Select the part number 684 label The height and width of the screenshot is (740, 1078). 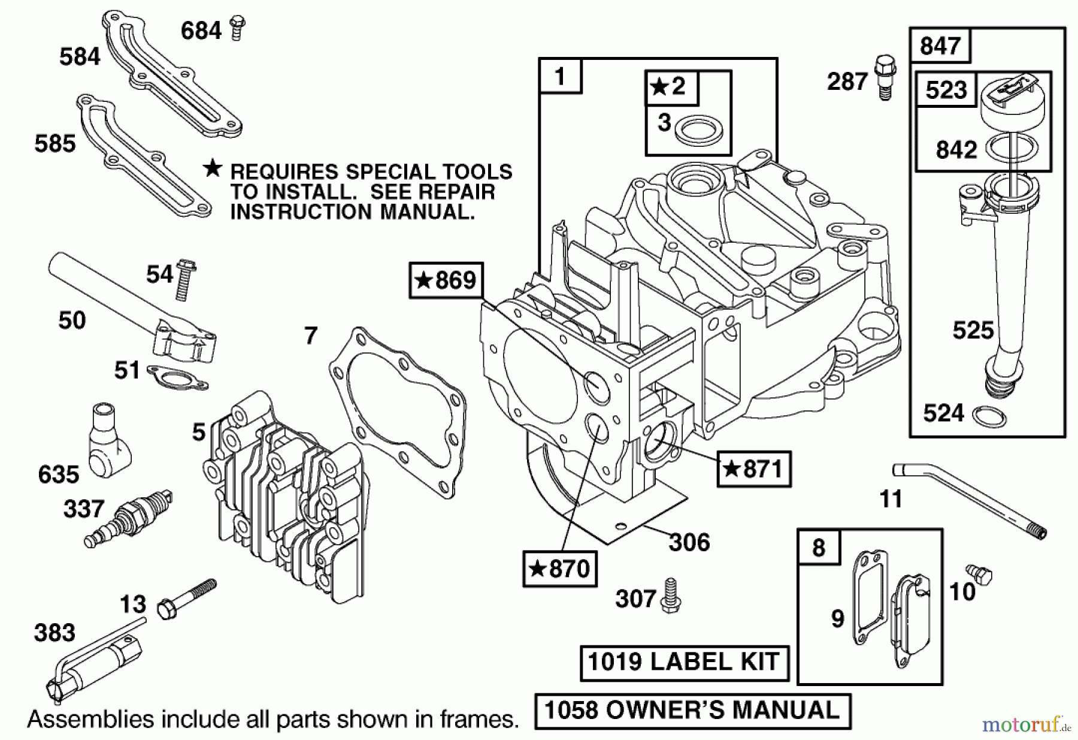click(x=201, y=31)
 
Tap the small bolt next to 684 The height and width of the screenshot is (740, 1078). click(x=238, y=28)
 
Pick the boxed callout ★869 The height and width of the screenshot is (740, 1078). click(x=446, y=280)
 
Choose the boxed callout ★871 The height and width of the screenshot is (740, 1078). click(x=754, y=469)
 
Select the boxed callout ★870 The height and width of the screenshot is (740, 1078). click(x=559, y=568)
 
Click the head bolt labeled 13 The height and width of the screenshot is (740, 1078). click(x=185, y=599)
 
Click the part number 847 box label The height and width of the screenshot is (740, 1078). click(x=939, y=46)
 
